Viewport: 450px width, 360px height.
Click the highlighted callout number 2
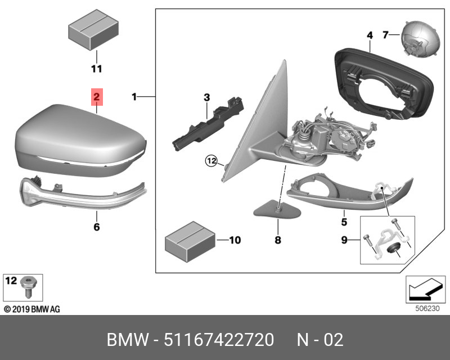click(x=97, y=97)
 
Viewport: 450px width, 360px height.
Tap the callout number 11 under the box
click(x=97, y=69)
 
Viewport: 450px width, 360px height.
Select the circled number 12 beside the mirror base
click(x=211, y=161)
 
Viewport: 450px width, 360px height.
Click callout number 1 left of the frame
click(x=134, y=97)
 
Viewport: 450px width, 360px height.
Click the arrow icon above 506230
click(x=425, y=290)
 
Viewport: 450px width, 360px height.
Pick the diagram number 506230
click(x=427, y=309)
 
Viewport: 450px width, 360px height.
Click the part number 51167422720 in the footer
click(x=219, y=340)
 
